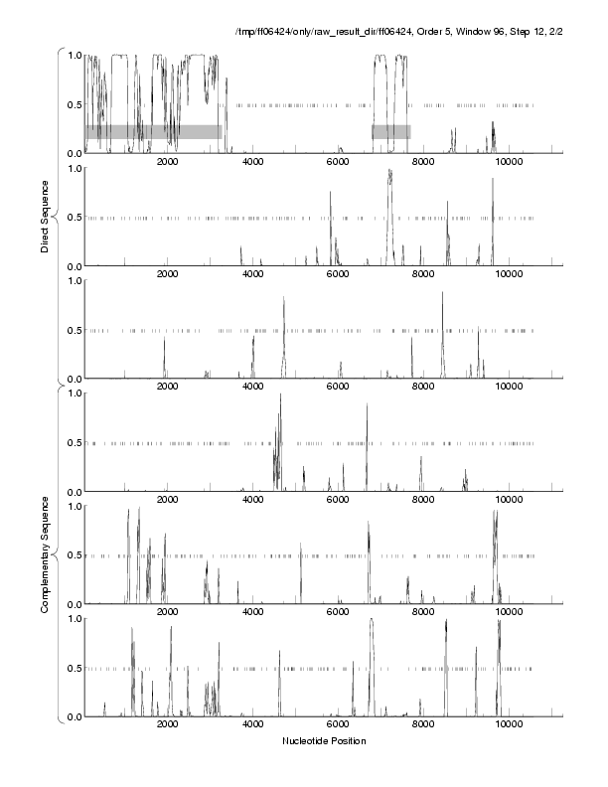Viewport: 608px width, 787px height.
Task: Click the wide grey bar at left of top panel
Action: pos(153,131)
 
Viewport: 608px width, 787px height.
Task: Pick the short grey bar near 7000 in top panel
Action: pos(391,131)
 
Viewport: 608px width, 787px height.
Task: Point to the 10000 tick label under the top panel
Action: pos(510,163)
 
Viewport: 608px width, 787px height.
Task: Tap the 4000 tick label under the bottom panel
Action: pos(252,726)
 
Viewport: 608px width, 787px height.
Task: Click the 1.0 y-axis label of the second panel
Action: pos(73,168)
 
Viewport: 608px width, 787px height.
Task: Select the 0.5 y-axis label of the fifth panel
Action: pos(73,555)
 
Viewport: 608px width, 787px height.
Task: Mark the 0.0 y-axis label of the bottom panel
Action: pos(73,717)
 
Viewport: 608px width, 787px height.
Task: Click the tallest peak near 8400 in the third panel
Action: pos(443,293)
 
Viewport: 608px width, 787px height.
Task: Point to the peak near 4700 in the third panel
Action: pos(284,298)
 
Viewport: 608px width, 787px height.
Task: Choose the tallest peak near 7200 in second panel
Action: pos(390,171)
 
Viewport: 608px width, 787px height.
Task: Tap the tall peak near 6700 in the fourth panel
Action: pos(367,405)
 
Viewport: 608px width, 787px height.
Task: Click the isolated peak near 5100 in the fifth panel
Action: pos(300,544)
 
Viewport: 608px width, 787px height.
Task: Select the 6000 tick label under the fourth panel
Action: pos(338,501)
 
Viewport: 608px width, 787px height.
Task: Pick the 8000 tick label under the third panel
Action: pos(424,389)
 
